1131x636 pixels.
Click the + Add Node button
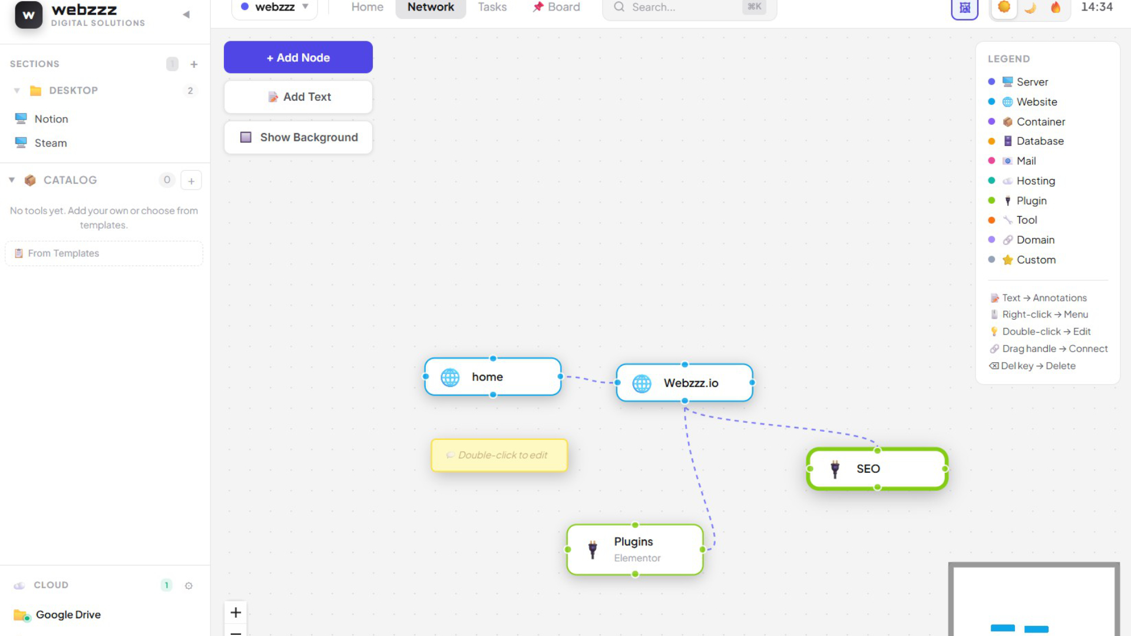298,57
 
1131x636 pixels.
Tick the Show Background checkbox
246,137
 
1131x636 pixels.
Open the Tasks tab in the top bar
492,7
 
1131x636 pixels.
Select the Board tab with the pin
556,7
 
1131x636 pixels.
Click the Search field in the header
689,7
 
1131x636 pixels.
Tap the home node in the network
492,377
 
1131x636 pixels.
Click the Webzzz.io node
684,383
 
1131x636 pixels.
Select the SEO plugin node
877,469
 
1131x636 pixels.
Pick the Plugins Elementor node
635,549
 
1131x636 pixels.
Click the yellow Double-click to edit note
500,455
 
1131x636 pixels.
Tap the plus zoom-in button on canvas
236,612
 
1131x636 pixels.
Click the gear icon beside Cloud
188,585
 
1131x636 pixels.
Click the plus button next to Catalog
191,181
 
